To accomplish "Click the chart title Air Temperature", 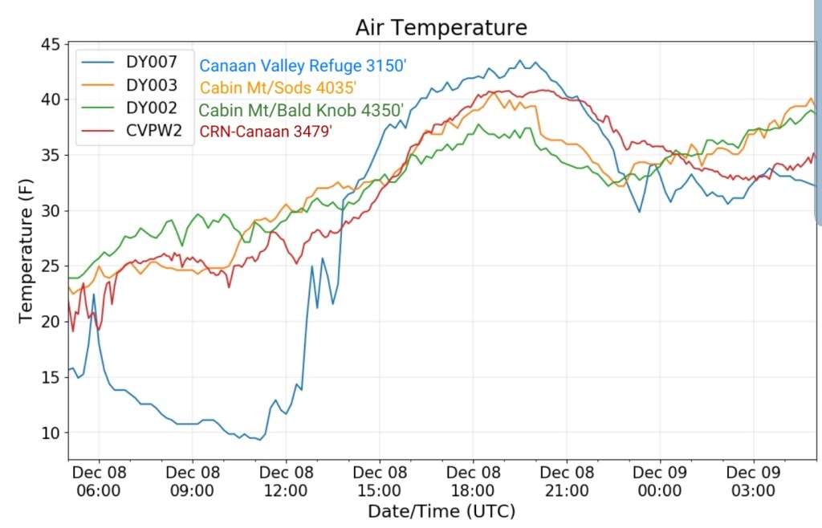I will tap(441, 27).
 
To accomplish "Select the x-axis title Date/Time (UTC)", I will tap(441, 511).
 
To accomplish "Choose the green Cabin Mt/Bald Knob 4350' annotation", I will tap(300, 110).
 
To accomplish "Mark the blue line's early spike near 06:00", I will tap(94, 294).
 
